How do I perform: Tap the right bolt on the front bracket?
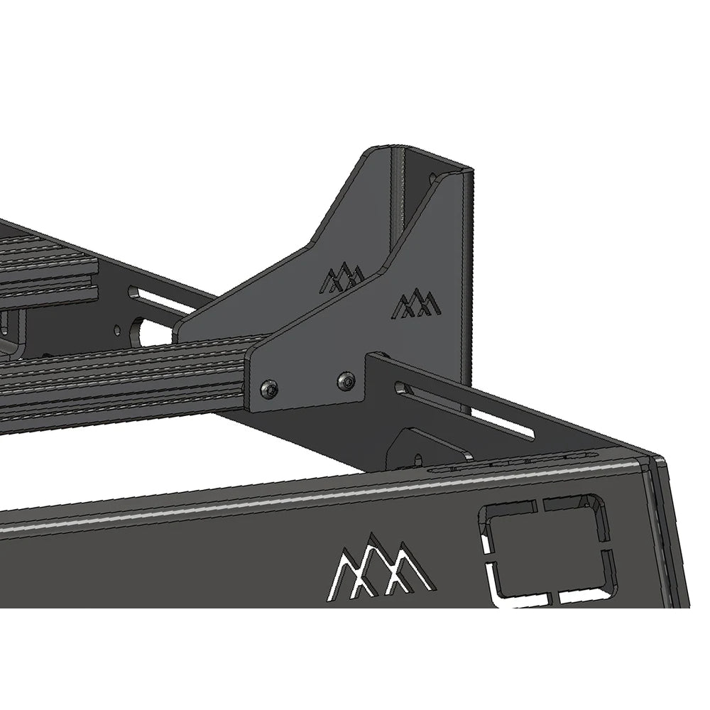(x=346, y=380)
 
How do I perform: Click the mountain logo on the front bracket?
(x=417, y=305)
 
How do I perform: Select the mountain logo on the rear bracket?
(x=342, y=278)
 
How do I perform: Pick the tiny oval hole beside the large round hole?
(x=117, y=329)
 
